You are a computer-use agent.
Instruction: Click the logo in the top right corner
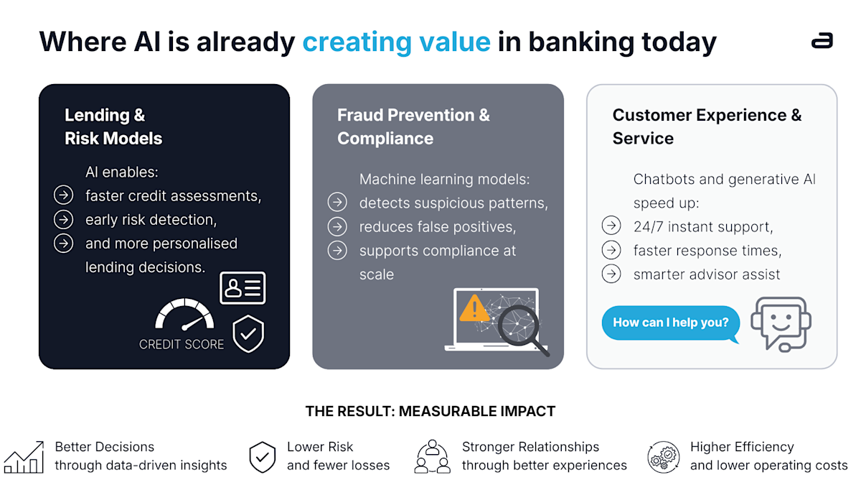[822, 41]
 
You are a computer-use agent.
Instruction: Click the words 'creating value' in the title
[396, 42]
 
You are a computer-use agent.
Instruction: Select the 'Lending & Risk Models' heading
[113, 126]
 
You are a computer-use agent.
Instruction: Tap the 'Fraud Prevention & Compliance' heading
[413, 126]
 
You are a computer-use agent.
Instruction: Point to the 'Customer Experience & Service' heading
[707, 126]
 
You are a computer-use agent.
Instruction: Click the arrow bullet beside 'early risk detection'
[63, 219]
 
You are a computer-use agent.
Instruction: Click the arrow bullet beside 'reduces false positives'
[337, 227]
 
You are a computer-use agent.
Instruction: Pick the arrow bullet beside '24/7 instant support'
[611, 226]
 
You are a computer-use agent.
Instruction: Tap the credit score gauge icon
[184, 315]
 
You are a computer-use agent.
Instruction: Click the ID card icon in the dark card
[243, 287]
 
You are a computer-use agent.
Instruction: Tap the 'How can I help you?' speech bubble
[669, 323]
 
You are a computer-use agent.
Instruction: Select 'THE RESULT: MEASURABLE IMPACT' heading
[430, 412]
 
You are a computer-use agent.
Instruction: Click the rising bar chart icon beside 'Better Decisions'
[24, 458]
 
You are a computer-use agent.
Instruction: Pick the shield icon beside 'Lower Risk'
[263, 457]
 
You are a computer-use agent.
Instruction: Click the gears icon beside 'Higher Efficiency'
[663, 457]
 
